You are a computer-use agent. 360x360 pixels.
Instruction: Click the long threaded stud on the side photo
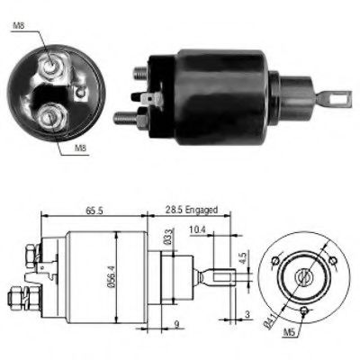(x=125, y=116)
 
